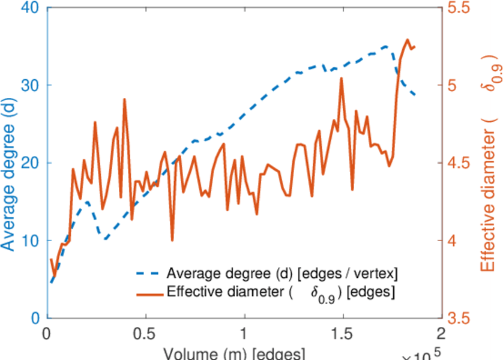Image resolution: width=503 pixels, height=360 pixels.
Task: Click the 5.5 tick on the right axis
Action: coord(458,8)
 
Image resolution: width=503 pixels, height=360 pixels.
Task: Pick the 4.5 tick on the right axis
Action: coord(458,163)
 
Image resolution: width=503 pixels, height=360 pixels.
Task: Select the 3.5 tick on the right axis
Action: coord(458,318)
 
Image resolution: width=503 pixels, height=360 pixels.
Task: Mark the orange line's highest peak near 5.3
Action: coord(408,40)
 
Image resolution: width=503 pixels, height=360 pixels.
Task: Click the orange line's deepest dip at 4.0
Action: coord(172,240)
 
